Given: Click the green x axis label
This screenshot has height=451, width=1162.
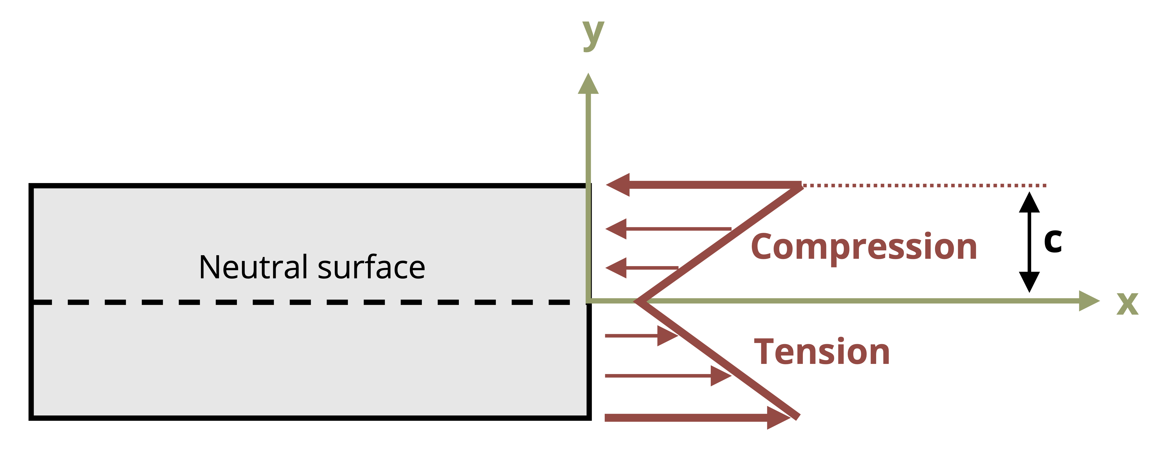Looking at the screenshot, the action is pyautogui.click(x=1127, y=303).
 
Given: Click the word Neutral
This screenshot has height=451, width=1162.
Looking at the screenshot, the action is pyautogui.click(x=253, y=267).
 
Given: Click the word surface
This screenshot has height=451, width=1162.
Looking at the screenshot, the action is pyautogui.click(x=371, y=267).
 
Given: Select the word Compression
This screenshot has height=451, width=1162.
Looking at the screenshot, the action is pyautogui.click(x=864, y=247).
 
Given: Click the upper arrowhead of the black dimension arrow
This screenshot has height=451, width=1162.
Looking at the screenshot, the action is pyautogui.click(x=1029, y=202).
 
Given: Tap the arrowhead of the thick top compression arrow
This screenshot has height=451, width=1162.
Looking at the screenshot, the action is pyautogui.click(x=618, y=185).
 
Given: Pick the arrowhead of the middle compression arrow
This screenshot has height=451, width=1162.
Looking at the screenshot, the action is pyautogui.click(x=616, y=229).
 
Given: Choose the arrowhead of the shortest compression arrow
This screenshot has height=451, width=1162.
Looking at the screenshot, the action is pyautogui.click(x=616, y=268).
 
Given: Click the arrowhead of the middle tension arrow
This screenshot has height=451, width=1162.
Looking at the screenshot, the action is pyautogui.click(x=721, y=376).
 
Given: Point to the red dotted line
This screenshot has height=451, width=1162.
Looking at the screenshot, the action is pyautogui.click(x=924, y=185).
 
